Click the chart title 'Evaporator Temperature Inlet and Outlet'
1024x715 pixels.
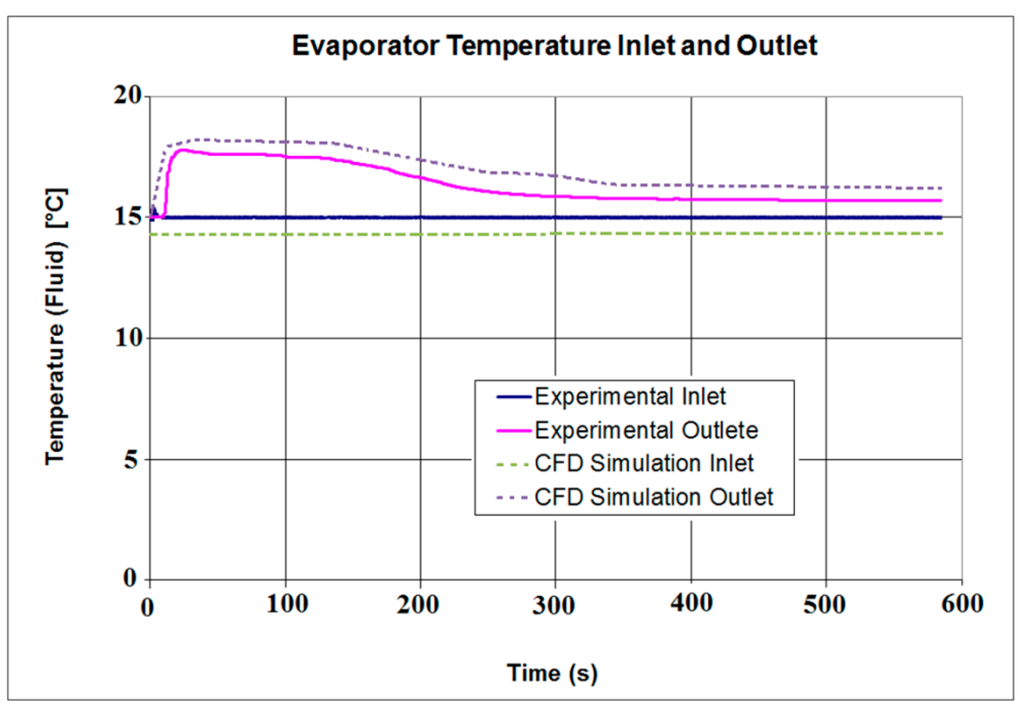coord(555,45)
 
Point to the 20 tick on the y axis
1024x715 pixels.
coord(127,96)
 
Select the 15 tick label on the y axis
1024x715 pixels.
coord(127,217)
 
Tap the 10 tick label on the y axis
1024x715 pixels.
coord(127,338)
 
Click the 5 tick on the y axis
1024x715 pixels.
coord(134,459)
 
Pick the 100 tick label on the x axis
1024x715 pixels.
coord(286,605)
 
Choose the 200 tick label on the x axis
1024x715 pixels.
coord(421,605)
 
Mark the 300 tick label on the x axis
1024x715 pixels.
coord(556,605)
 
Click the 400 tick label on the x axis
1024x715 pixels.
coord(691,605)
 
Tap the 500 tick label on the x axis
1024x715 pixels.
coord(826,605)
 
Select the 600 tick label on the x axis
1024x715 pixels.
coord(961,605)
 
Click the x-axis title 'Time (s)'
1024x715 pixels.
coord(552,673)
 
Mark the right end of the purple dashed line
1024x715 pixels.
coord(942,188)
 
